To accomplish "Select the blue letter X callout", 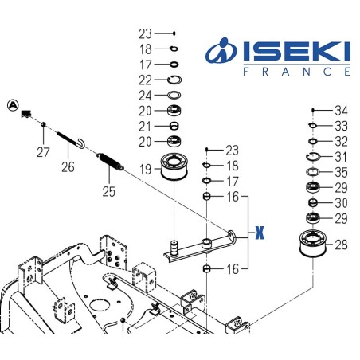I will coord(259,233).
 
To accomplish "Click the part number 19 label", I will coord(145,169).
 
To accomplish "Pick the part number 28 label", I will coord(340,245).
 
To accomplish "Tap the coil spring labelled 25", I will coord(111,163).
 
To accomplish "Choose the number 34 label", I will coord(340,110).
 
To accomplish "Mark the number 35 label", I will coord(340,171).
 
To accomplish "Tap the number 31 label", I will coord(340,156).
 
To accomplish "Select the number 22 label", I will coord(145,79).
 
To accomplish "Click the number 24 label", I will coord(145,94).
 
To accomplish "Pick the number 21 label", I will coord(145,126).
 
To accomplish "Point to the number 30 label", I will coord(340,202).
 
